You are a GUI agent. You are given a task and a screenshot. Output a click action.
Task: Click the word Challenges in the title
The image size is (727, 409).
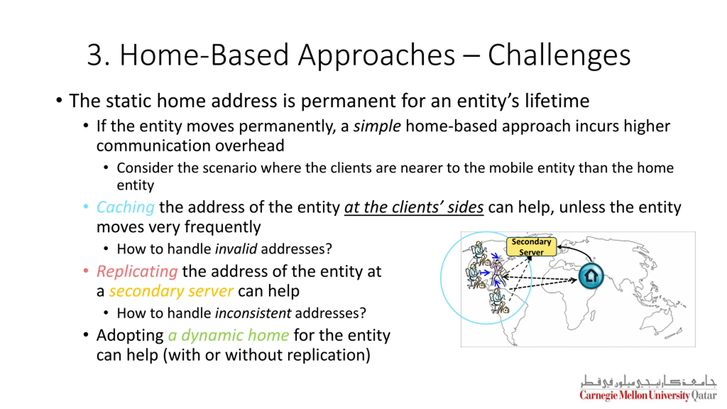[559, 56]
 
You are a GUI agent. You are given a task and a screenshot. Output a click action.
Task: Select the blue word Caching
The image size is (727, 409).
[126, 207]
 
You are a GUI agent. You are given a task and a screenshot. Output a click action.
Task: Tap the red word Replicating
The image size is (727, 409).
[137, 272]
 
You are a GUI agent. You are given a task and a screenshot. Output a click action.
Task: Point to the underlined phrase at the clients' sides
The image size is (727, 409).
[414, 207]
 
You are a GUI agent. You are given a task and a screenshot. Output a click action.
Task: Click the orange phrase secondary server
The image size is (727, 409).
[171, 291]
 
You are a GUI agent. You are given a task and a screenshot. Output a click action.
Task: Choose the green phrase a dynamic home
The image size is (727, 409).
[229, 335]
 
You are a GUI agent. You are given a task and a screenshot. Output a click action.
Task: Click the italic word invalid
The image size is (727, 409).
[236, 249]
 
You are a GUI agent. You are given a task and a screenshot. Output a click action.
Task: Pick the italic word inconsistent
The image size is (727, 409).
[253, 313]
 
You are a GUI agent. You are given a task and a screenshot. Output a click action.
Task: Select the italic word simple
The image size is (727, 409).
[377, 126]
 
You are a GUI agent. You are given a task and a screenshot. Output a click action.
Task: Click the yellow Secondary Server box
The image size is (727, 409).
[531, 247]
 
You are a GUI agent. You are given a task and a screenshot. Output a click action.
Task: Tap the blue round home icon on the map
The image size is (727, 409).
[591, 276]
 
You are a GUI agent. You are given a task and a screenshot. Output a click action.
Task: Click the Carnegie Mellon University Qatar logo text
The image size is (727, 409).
[648, 395]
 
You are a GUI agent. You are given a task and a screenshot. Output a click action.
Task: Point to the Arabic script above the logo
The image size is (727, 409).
[648, 381]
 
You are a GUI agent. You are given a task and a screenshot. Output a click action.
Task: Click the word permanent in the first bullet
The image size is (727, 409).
[348, 101]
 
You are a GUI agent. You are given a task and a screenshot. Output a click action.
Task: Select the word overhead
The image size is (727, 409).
[250, 146]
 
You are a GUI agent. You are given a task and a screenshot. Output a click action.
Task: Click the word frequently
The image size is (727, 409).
[222, 227]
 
